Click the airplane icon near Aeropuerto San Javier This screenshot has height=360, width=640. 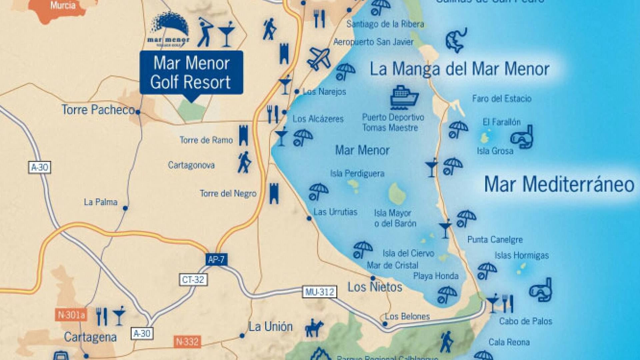click(319, 59)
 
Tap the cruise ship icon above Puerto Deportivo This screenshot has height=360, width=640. click(404, 97)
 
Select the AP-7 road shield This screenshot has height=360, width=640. click(216, 259)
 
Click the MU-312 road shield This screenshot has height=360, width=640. click(319, 292)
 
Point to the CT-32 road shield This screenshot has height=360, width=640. click(193, 279)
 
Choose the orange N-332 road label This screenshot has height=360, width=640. click(187, 342)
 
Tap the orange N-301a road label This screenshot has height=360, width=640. click(71, 315)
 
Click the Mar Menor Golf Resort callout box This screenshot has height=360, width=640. click(191, 73)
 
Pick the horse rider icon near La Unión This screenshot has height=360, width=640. click(314, 328)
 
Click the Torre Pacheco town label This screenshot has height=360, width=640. click(98, 110)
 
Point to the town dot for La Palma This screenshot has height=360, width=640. click(125, 208)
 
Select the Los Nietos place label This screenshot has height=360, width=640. click(375, 287)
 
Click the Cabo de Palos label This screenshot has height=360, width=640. click(525, 321)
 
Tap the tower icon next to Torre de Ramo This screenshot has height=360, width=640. click(244, 135)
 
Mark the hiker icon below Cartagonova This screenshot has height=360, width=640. click(244, 163)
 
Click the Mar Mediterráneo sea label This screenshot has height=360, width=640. click(559, 184)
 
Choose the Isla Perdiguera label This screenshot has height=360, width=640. click(357, 173)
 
